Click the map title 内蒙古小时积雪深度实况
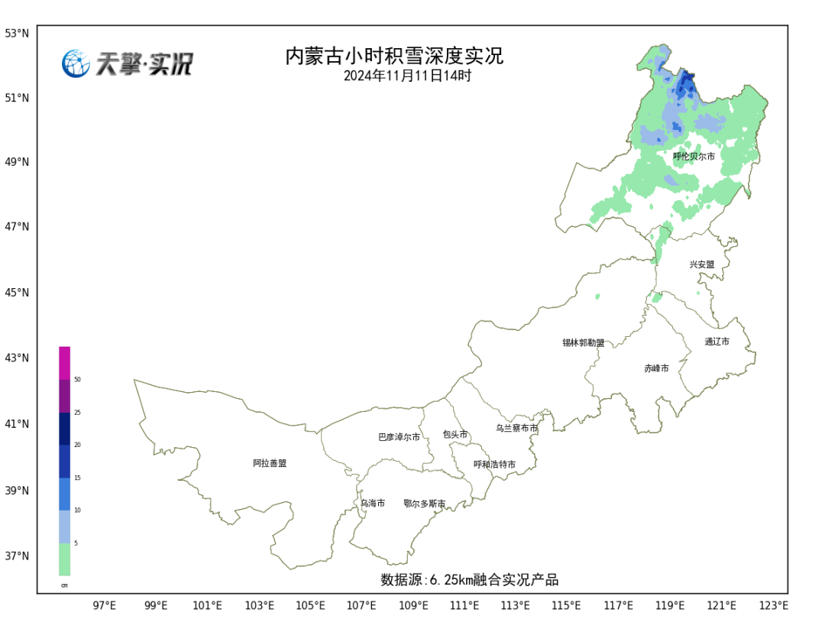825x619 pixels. [394, 57]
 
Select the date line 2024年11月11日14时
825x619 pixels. [407, 76]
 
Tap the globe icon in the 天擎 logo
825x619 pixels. [76, 63]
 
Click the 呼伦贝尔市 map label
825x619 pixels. [694, 157]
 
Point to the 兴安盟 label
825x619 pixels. [702, 264]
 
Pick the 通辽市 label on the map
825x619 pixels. [717, 342]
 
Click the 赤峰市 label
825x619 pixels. [656, 368]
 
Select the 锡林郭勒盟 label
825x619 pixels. [583, 343]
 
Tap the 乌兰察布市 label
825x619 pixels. [516, 429]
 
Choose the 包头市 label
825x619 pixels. [455, 434]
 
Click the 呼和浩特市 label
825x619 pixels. [494, 465]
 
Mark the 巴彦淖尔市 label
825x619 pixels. [399, 437]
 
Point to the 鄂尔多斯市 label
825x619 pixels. [424, 504]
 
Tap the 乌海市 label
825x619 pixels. [373, 504]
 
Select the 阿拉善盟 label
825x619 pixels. [270, 463]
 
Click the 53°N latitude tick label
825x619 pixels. [17, 34]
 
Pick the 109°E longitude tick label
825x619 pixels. [413, 606]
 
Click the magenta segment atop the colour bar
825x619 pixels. [65, 363]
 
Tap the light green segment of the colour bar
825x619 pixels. [65, 559]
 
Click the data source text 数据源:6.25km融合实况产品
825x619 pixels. [469, 580]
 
